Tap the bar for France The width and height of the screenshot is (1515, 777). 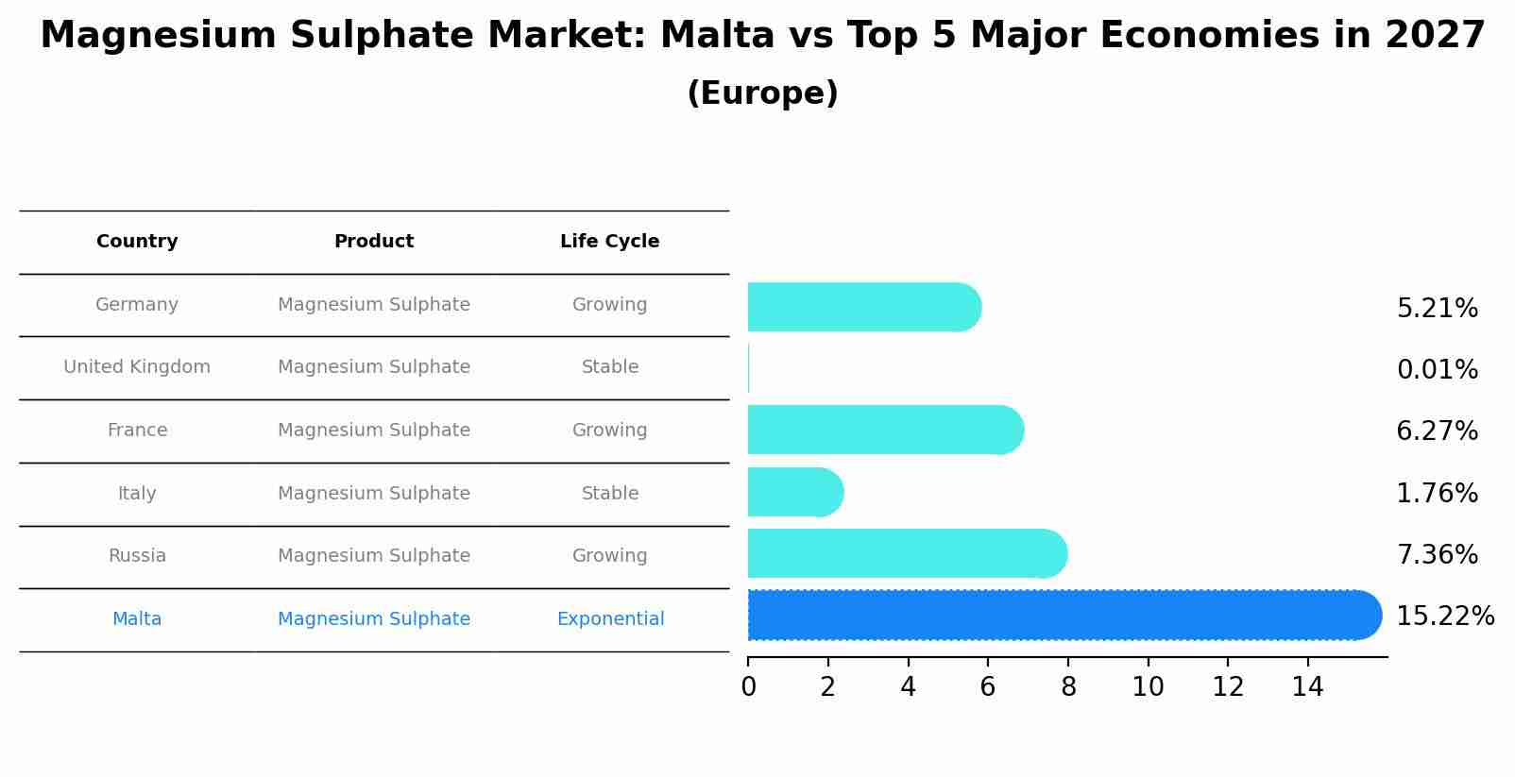[x=884, y=430]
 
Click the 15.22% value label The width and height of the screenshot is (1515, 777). [x=1444, y=617]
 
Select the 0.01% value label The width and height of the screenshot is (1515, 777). [x=1437, y=370]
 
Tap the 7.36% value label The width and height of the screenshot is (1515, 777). [x=1437, y=555]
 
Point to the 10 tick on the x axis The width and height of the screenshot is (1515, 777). [x=1148, y=687]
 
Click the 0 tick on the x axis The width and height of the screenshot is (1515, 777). [x=748, y=687]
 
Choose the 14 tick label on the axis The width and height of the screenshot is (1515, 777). [x=1307, y=687]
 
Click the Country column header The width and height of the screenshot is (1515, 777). [x=137, y=242]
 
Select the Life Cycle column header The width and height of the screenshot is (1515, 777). [x=609, y=242]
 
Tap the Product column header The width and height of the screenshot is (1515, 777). [x=374, y=242]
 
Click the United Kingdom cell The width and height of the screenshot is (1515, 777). [x=137, y=367]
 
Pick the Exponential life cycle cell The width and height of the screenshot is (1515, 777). [x=610, y=619]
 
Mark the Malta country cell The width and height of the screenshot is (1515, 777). [x=137, y=619]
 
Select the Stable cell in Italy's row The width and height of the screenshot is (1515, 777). [x=610, y=494]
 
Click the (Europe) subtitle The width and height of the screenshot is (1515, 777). [x=762, y=93]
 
